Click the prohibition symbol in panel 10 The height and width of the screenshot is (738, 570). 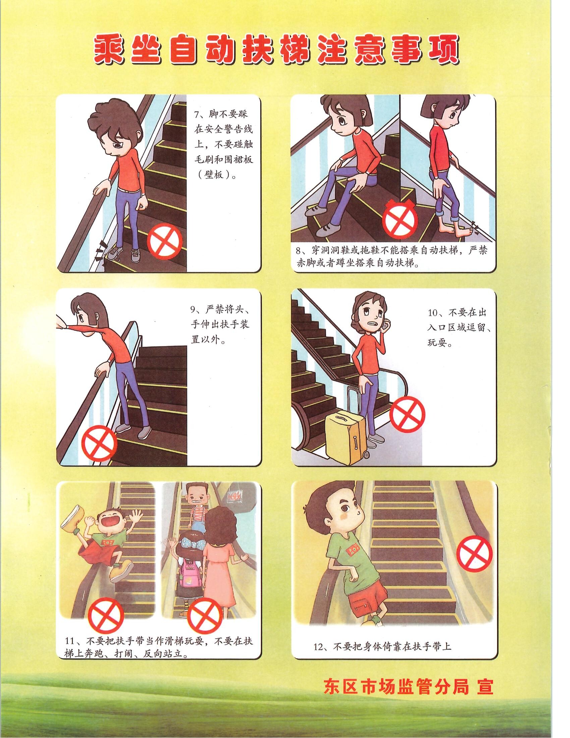(x=407, y=415)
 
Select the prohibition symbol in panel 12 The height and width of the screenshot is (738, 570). (x=474, y=553)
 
